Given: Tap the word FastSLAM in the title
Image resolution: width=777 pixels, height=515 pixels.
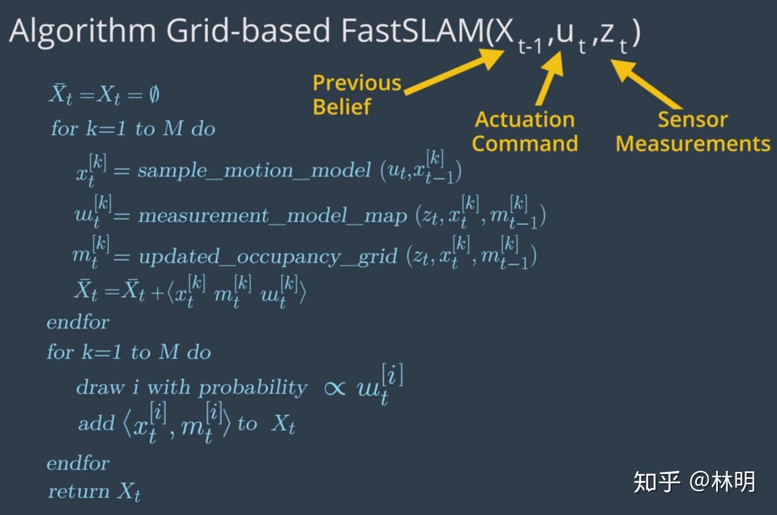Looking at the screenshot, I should [x=412, y=31].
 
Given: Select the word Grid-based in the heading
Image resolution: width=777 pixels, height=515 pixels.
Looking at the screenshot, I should [x=248, y=31].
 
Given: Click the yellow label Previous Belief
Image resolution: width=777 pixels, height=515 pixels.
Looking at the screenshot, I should [x=356, y=95].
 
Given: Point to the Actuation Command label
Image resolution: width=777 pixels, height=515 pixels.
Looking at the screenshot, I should [x=525, y=131].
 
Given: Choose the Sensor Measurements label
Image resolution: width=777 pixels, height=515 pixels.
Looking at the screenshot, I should [x=693, y=131].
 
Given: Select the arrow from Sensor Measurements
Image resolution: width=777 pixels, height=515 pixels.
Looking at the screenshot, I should [x=646, y=83].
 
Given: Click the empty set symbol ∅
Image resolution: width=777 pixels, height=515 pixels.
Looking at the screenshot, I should [x=154, y=95].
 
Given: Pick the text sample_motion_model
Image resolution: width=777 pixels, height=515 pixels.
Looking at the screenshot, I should [x=254, y=171].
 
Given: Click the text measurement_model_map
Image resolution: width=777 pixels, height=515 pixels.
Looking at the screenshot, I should [x=272, y=215].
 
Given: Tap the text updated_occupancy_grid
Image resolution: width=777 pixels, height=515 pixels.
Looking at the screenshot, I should [x=267, y=256].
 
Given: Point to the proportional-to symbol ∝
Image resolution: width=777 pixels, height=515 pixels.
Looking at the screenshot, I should [x=335, y=388].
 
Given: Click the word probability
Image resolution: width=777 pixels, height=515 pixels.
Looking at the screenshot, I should [x=253, y=388].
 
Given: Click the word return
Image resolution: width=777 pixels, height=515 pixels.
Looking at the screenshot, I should [x=79, y=491].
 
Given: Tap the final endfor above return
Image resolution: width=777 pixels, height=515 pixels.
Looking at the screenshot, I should [x=78, y=463].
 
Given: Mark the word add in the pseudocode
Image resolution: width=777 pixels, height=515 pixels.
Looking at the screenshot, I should [x=96, y=423].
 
